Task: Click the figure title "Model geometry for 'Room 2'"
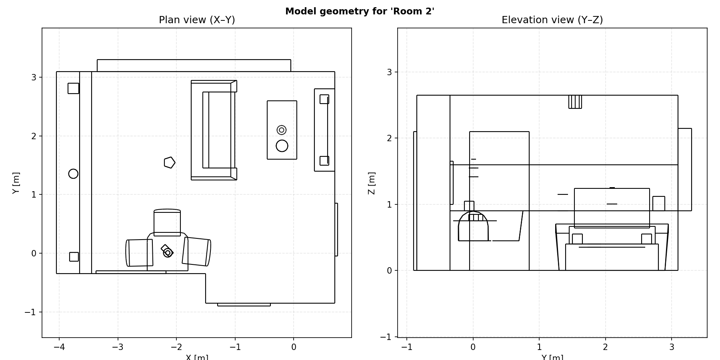360,11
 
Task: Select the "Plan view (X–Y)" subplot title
197,20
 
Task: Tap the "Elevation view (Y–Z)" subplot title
552,20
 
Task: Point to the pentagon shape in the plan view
170,162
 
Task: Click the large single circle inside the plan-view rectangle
282,146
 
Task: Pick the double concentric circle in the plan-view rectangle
282,130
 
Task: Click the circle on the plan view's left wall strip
73,174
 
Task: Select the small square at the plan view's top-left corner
74,88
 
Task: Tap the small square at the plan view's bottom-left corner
74,257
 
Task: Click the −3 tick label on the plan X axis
118,347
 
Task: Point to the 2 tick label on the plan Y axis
34,136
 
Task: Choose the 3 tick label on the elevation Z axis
389,72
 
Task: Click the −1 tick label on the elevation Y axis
407,347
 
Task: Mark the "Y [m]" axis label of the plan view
16,183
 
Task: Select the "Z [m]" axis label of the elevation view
372,183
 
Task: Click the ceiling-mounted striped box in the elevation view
575,102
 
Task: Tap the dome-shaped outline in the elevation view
473,226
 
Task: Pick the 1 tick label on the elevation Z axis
389,204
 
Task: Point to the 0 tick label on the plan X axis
294,347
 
